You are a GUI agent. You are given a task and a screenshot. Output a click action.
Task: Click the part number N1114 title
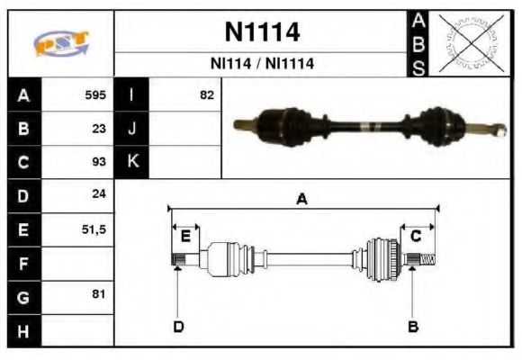tap(261, 32)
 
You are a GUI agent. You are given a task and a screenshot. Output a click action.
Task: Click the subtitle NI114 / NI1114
tap(261, 65)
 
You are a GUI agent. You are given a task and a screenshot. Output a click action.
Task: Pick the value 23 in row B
tap(99, 129)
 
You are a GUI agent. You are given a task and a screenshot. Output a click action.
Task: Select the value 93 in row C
tap(99, 162)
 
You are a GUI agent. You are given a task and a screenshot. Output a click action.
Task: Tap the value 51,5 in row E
tap(94, 229)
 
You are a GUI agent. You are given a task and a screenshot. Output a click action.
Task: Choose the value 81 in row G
tap(99, 294)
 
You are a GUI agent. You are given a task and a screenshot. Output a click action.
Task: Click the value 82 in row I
tap(206, 94)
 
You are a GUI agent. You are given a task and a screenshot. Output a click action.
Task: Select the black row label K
tap(131, 162)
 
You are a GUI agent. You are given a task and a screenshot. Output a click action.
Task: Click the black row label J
tap(131, 129)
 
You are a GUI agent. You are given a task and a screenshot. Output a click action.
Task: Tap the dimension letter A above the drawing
tap(302, 200)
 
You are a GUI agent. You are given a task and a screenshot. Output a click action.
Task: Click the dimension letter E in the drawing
tap(185, 236)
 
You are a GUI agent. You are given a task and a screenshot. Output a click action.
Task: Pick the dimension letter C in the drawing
tap(416, 236)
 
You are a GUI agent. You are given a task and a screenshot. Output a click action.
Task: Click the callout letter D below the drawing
tap(177, 326)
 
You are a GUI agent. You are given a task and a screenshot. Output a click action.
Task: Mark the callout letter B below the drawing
tap(413, 326)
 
